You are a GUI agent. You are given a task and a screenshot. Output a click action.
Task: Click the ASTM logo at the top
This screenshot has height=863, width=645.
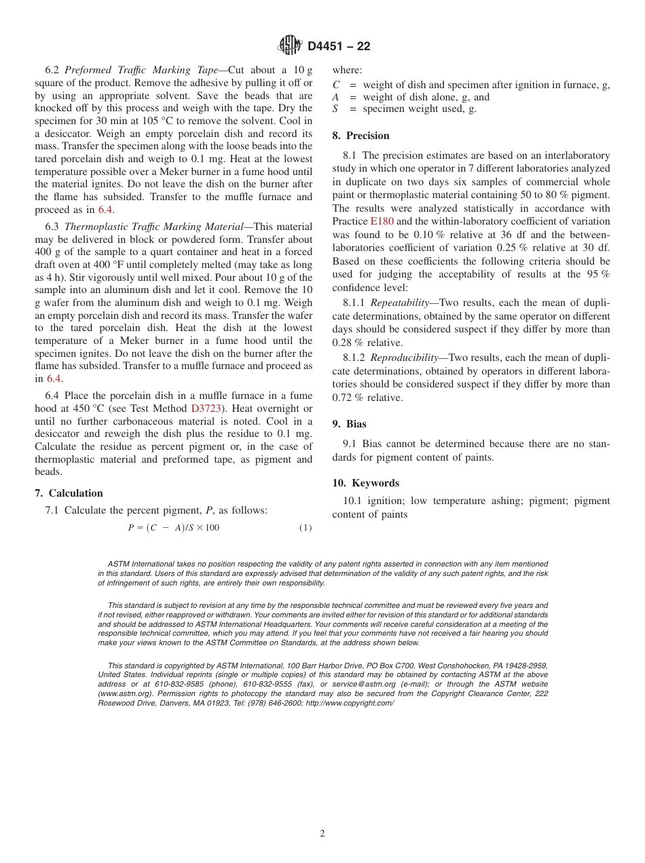click(x=289, y=45)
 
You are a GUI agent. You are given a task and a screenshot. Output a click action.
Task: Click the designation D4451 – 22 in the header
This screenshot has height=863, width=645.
click(x=339, y=46)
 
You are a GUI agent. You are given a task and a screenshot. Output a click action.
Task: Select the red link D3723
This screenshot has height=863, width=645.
click(x=204, y=408)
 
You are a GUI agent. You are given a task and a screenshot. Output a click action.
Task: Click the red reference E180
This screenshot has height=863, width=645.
click(x=382, y=221)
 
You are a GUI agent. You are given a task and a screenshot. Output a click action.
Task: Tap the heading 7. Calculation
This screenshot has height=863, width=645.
click(x=69, y=493)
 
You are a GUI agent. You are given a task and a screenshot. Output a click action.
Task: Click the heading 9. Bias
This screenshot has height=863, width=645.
click(x=349, y=424)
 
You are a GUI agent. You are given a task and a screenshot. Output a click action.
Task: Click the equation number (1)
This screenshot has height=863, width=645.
click(x=306, y=528)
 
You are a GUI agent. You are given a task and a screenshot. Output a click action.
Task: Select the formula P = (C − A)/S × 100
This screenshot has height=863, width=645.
click(x=173, y=528)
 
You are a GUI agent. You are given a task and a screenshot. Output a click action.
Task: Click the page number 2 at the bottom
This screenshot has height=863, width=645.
click(x=322, y=834)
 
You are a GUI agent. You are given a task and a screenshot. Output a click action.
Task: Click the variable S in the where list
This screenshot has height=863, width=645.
click(x=335, y=109)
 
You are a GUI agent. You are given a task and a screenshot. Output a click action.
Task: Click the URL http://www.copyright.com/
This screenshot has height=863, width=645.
click(x=350, y=704)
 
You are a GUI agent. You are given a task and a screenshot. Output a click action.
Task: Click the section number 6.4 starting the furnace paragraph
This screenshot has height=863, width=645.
click(x=52, y=396)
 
